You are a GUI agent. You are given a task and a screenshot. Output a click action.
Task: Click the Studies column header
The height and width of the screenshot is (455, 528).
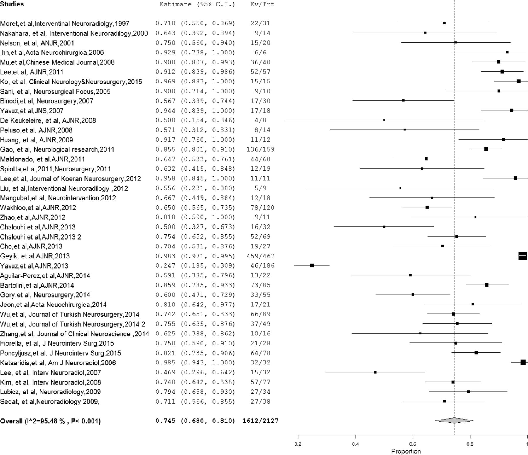click(12, 4)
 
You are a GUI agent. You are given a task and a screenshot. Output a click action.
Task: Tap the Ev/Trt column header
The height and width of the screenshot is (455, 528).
click(262, 4)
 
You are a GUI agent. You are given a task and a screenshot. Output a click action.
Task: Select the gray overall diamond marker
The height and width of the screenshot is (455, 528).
click(454, 421)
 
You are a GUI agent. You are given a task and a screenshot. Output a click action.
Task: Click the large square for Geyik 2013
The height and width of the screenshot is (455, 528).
click(522, 256)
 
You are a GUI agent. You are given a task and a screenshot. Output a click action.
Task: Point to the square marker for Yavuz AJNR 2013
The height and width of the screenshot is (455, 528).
click(312, 265)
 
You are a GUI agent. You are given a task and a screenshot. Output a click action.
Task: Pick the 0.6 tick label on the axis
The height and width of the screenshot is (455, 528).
click(413, 444)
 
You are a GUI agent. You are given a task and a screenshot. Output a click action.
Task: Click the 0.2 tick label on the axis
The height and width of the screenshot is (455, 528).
click(298, 444)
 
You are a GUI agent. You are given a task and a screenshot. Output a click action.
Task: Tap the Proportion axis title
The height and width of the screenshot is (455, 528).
click(406, 451)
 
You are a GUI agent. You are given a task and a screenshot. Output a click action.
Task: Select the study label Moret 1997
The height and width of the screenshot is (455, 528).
click(65, 24)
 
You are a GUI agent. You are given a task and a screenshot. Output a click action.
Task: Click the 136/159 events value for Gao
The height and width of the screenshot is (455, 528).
click(260, 149)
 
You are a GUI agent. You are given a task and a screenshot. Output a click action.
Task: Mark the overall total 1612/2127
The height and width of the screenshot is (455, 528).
click(260, 421)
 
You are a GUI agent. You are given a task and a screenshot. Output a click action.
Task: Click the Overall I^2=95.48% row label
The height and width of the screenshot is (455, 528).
click(50, 421)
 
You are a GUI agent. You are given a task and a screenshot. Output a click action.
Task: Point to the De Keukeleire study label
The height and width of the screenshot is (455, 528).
click(48, 120)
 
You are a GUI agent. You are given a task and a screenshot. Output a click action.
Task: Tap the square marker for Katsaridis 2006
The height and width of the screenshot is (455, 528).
click(523, 362)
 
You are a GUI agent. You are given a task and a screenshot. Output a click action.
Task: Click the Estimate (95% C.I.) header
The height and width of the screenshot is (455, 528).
click(197, 4)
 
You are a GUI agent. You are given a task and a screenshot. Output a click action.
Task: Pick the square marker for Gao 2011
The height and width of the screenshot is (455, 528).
click(486, 149)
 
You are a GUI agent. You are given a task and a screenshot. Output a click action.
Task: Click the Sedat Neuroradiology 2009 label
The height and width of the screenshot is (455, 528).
click(50, 402)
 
